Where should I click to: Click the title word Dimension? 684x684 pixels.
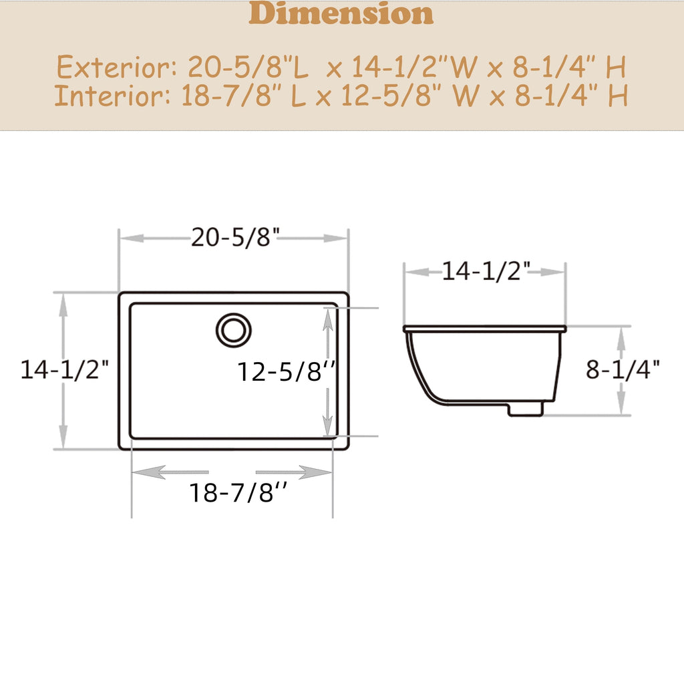(341, 14)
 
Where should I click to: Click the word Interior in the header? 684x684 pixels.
(111, 97)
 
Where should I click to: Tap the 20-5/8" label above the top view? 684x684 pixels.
(234, 238)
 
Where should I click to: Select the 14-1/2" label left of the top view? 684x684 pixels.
(64, 369)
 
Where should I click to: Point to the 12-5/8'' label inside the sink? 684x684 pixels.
(286, 371)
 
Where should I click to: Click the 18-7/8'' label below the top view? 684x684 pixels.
(239, 493)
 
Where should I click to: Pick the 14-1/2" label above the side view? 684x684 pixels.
(486, 271)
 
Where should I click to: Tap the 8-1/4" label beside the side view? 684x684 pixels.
(623, 369)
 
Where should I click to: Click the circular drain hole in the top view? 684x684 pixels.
(234, 329)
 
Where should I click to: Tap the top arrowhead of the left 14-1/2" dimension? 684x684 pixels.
(63, 305)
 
